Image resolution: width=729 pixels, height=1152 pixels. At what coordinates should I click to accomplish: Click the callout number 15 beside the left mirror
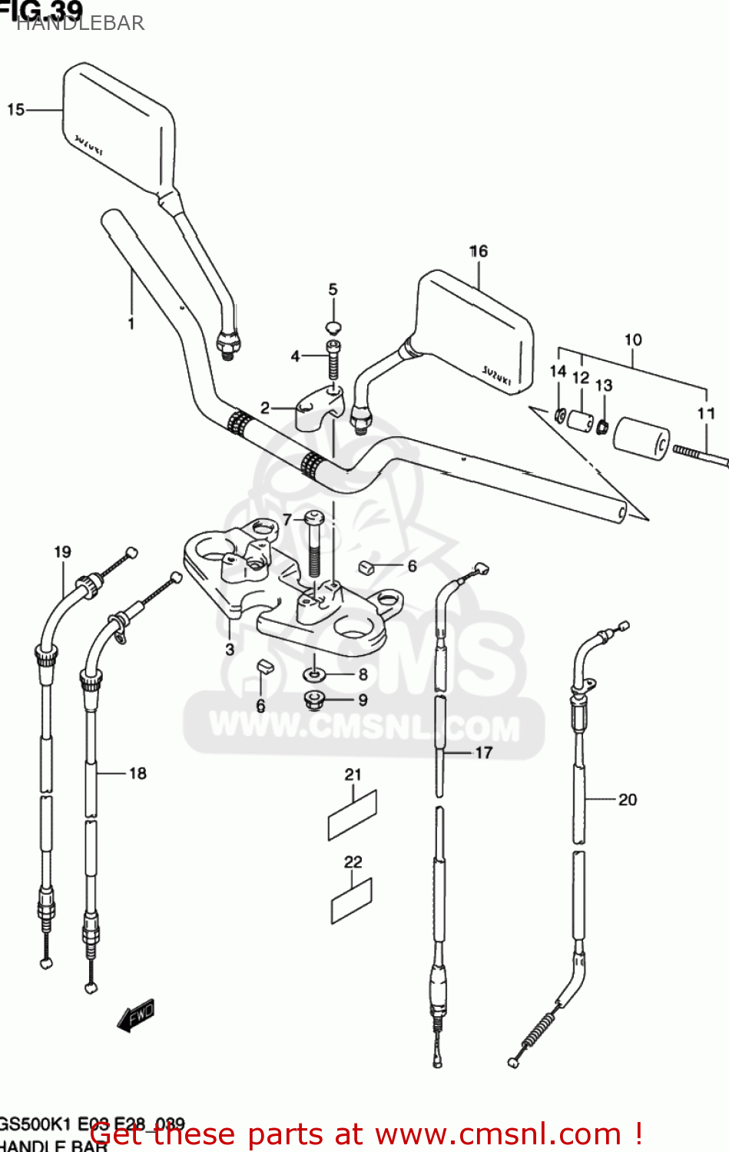click(x=16, y=110)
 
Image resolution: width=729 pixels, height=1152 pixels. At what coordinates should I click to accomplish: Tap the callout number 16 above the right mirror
click(x=479, y=251)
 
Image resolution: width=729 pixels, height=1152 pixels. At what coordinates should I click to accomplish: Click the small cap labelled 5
click(x=333, y=326)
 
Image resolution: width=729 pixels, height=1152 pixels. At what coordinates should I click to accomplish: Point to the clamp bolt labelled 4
click(x=333, y=359)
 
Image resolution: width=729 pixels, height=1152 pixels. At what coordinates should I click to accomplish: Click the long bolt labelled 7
click(x=314, y=546)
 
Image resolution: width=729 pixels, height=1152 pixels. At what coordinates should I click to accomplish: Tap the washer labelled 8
click(x=313, y=674)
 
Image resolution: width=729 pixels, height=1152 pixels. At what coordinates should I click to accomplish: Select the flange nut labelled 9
click(x=314, y=700)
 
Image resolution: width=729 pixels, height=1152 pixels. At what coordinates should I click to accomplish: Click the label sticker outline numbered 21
click(x=353, y=816)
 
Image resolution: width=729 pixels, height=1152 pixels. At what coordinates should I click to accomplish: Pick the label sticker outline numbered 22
click(x=351, y=901)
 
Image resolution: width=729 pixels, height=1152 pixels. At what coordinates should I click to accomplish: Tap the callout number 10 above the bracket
click(x=633, y=339)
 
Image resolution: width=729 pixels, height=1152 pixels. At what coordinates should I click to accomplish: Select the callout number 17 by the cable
click(x=483, y=753)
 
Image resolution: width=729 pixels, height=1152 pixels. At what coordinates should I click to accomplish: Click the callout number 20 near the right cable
click(x=628, y=799)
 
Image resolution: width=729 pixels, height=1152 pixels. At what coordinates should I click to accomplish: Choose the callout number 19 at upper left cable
click(x=62, y=551)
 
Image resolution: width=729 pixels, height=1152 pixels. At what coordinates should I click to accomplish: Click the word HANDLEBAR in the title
click(x=80, y=23)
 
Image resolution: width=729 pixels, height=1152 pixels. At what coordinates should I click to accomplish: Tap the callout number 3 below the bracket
click(x=230, y=649)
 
